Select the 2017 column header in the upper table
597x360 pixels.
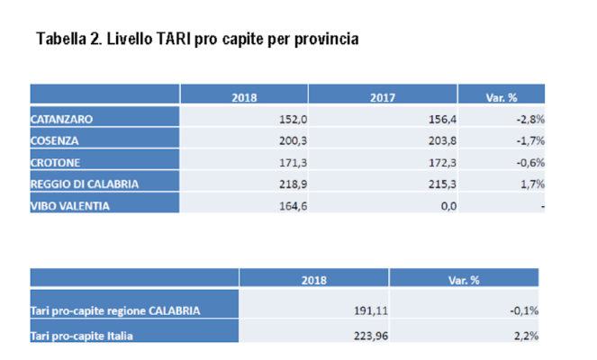click(x=383, y=96)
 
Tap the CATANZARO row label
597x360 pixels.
click(x=61, y=118)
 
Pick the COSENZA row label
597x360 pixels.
click(x=55, y=139)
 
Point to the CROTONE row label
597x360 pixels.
click(x=56, y=161)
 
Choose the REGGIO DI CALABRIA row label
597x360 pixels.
click(x=85, y=183)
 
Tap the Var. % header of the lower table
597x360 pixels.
click(x=463, y=280)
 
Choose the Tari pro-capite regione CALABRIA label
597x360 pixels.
click(x=114, y=311)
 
